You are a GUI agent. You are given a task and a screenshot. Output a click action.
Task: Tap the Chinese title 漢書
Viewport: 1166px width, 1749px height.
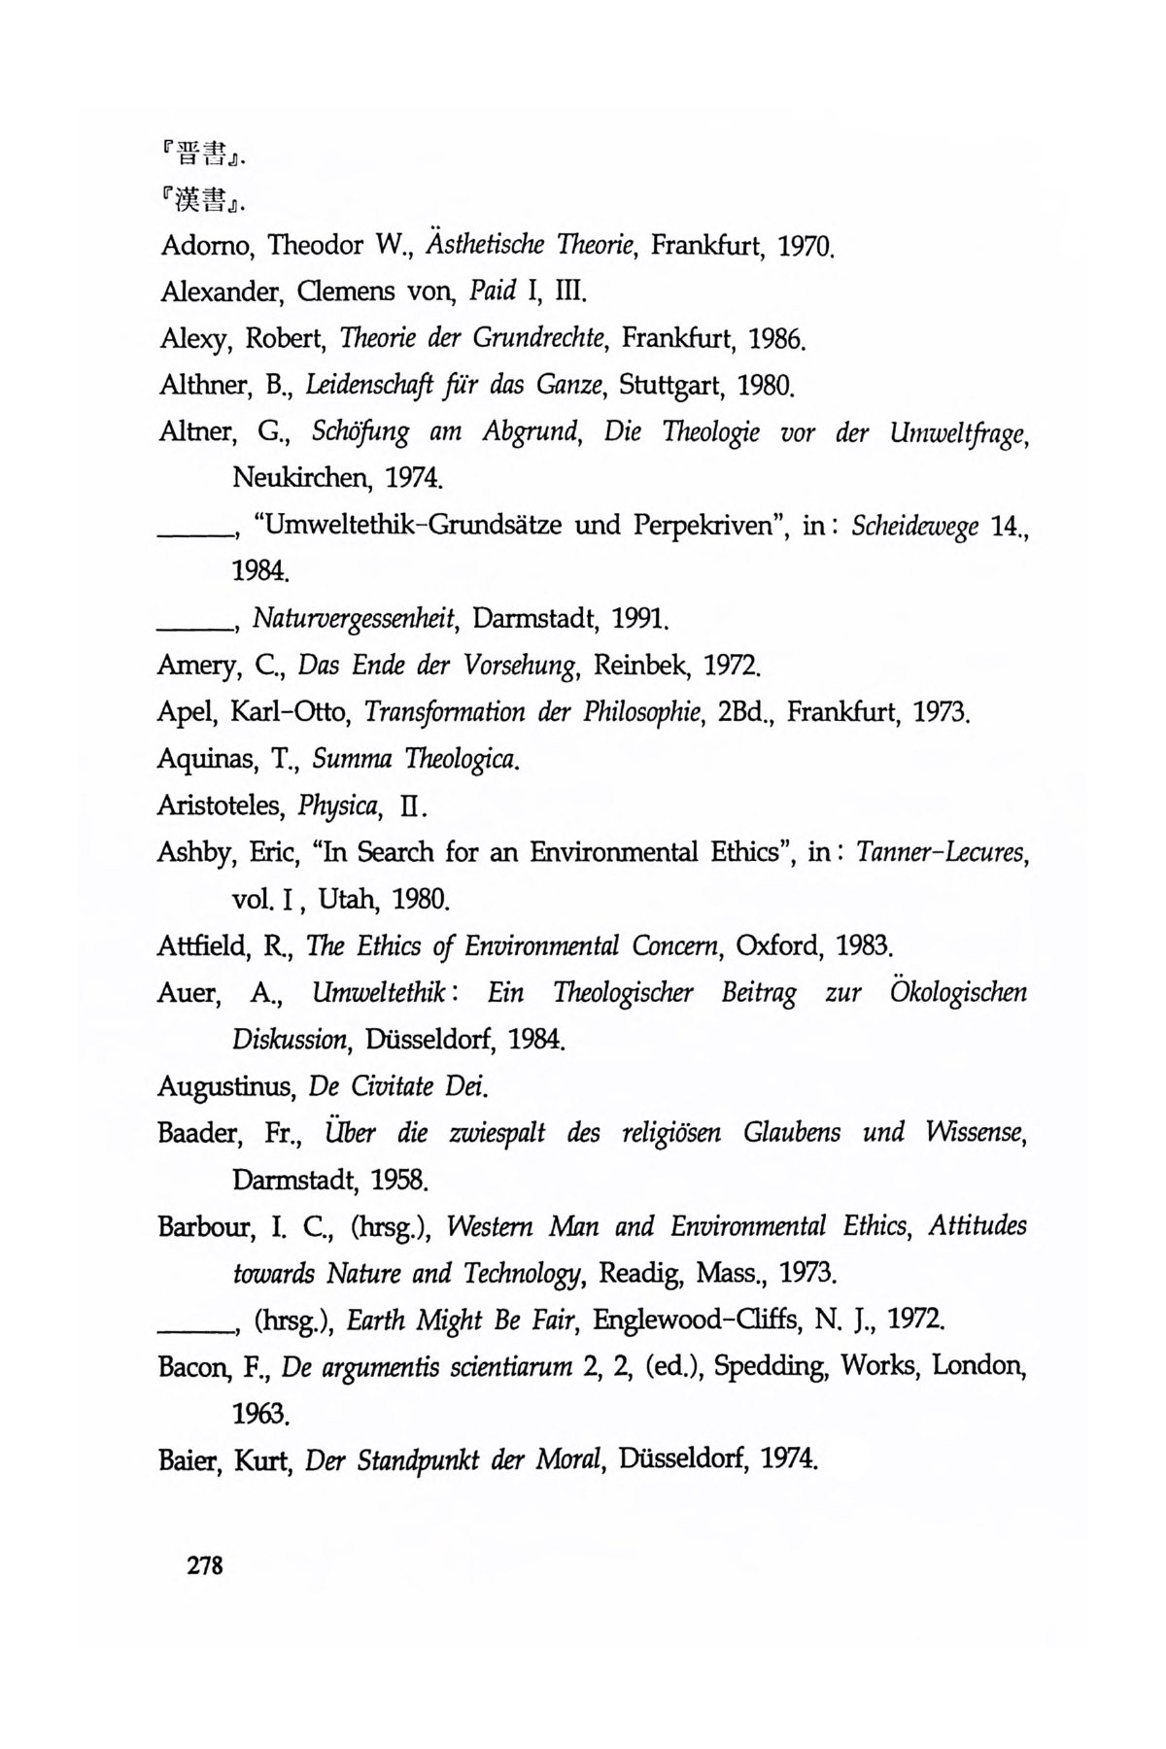point(201,200)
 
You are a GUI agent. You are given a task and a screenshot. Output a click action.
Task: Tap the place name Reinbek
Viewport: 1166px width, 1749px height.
point(640,666)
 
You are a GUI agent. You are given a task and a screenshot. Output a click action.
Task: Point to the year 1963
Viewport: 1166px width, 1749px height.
point(260,1414)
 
